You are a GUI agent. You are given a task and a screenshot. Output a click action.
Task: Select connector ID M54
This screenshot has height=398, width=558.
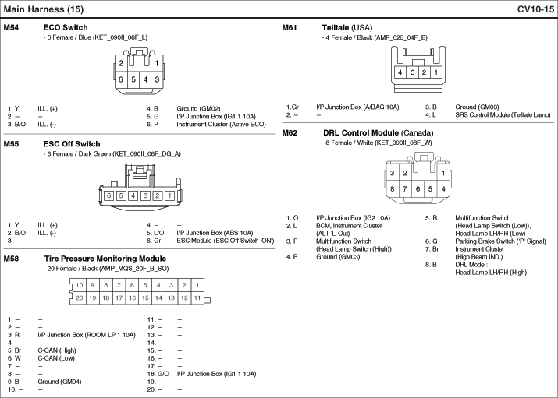(11, 27)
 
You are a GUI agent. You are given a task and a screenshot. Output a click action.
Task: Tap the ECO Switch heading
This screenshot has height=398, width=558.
(65, 27)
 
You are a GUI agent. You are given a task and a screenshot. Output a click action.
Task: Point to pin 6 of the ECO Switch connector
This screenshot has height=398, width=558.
(121, 79)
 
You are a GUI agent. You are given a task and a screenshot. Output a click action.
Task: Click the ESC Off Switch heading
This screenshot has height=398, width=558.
(72, 144)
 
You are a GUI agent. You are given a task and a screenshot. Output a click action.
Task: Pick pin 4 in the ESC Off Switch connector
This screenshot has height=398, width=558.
(133, 195)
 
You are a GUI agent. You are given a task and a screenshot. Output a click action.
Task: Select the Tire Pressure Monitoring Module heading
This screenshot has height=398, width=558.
(105, 259)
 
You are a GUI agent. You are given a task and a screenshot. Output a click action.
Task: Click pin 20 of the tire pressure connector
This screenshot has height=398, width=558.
(79, 298)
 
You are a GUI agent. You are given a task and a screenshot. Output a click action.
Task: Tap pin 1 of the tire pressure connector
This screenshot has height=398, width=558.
(197, 286)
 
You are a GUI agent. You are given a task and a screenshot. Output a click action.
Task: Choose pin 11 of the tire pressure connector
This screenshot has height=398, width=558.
(197, 298)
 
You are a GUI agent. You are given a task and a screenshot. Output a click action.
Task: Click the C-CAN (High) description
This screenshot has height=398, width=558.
(57, 350)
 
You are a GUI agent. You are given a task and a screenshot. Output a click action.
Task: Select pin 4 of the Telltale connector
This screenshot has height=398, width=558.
(399, 72)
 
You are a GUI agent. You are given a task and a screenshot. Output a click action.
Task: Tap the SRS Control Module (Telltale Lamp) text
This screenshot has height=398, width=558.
(503, 114)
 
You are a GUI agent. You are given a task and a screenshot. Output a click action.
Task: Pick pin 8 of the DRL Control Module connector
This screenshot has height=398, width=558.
(393, 189)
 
